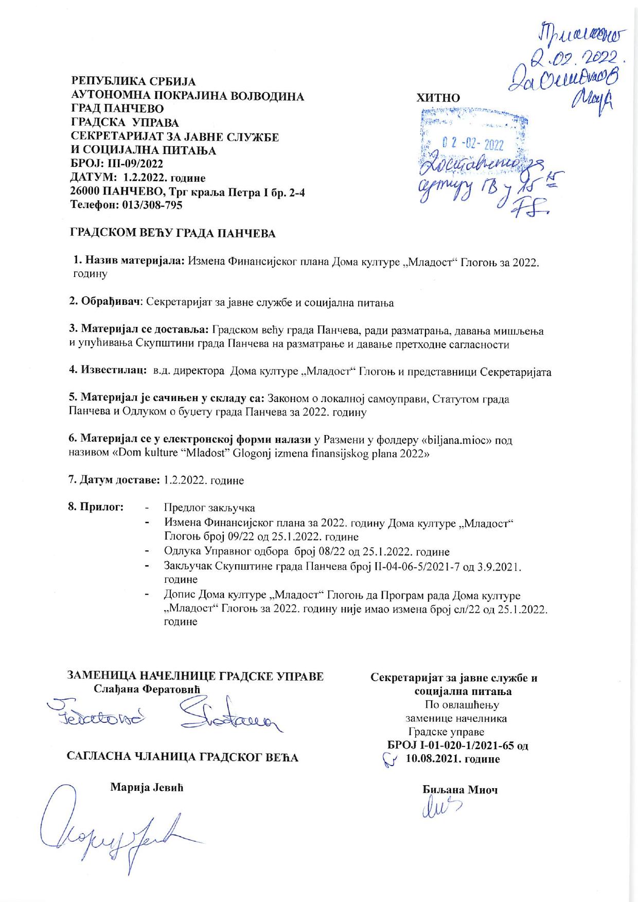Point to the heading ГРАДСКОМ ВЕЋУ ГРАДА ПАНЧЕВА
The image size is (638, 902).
(x=172, y=233)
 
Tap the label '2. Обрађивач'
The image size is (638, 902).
(x=105, y=303)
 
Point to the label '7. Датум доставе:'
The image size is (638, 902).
(x=115, y=480)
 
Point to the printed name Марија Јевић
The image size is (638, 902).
(x=147, y=788)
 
